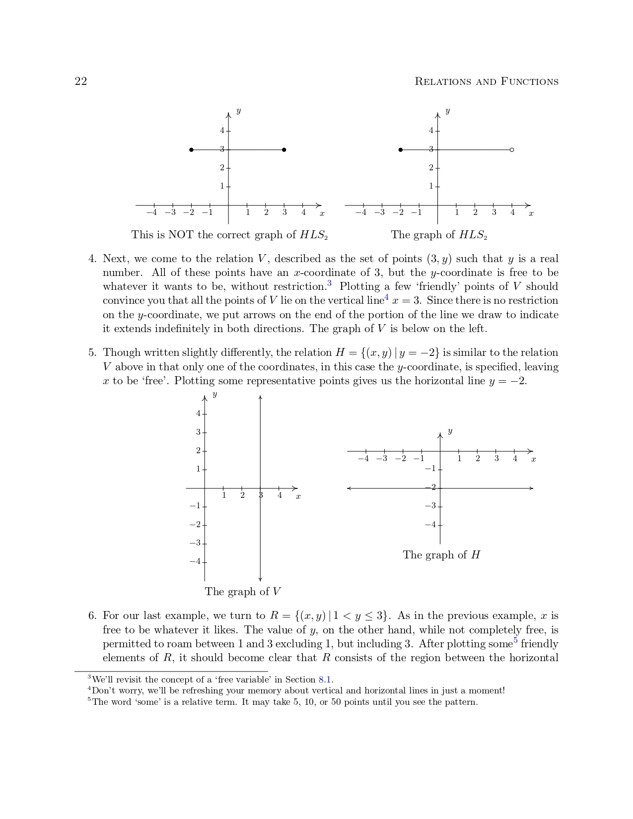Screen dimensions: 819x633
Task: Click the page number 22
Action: click(x=81, y=81)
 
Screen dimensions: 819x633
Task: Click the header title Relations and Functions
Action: click(x=486, y=81)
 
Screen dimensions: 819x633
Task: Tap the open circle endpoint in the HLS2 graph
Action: click(x=512, y=149)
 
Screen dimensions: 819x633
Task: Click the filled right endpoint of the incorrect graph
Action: click(x=284, y=149)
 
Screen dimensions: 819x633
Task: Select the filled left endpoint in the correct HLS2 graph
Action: click(x=401, y=149)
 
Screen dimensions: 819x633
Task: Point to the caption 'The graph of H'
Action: click(x=441, y=555)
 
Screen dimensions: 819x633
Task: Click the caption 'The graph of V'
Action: click(x=243, y=592)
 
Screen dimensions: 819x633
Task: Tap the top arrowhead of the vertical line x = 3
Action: click(x=260, y=397)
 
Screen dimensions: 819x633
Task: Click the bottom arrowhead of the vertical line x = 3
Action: click(x=260, y=579)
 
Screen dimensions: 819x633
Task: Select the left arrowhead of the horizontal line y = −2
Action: click(x=349, y=488)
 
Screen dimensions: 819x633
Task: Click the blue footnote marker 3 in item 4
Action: click(x=329, y=284)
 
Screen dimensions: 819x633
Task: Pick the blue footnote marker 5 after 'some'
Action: click(x=516, y=641)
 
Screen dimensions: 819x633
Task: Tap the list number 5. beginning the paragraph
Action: click(x=92, y=353)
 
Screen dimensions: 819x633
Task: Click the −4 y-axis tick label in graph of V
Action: click(x=195, y=561)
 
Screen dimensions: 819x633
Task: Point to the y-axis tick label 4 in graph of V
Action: click(x=198, y=413)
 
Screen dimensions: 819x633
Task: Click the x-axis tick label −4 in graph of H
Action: click(x=363, y=459)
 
